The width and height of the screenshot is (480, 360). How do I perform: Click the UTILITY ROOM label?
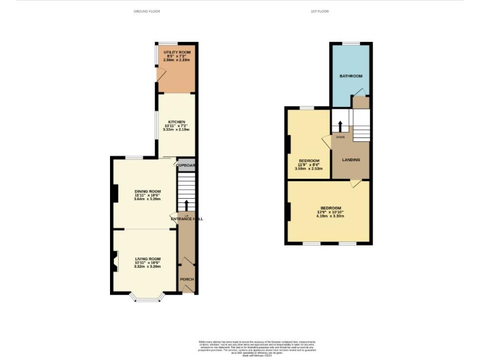coord(177,52)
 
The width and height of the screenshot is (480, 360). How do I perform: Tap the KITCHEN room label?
coord(176,122)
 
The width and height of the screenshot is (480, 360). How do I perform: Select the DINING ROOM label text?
coord(147,191)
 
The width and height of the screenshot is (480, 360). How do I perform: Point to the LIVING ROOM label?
coord(147,259)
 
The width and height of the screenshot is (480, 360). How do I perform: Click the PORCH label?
coord(186,279)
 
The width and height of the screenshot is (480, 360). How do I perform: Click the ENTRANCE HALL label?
coord(186,219)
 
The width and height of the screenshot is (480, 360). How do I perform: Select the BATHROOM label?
coord(351,76)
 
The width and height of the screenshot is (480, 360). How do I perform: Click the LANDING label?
coord(351,160)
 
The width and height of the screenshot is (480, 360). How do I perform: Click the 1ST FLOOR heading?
coord(319,11)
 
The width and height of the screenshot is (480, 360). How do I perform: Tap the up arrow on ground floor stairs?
coord(186,205)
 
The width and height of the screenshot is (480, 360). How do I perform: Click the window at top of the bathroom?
coord(351,43)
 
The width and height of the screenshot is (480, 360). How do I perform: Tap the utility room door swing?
coord(161,75)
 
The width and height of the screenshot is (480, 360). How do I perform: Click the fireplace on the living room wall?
coord(114,261)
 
